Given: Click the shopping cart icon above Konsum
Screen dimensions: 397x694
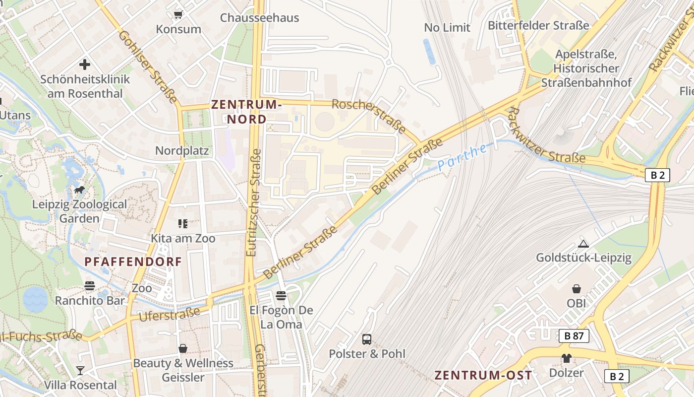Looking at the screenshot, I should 178,15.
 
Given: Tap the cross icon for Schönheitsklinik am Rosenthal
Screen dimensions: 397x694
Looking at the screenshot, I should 85,65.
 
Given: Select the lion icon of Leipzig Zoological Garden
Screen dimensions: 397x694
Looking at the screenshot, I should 79,190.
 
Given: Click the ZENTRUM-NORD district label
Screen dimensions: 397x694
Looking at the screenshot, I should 246,112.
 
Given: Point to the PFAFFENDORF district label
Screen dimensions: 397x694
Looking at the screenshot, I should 133,262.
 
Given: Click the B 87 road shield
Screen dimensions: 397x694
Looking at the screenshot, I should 574,336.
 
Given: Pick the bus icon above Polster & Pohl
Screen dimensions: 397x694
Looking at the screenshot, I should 367,339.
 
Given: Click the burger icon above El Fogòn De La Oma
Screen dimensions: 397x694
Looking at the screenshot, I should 281,296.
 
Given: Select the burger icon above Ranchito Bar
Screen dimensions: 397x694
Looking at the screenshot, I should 90,286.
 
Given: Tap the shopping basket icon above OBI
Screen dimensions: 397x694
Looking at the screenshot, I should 577,289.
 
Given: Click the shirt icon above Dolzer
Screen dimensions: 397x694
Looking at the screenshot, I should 567,358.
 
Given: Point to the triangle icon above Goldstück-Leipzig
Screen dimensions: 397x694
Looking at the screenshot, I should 583,244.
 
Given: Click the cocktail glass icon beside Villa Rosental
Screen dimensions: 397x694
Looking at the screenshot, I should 80,370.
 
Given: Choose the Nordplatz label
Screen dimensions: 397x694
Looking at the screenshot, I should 182,150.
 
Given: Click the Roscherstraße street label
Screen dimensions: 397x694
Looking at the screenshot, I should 369,116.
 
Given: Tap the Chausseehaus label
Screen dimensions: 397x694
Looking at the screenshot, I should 259,18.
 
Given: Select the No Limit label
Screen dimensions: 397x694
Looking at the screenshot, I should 447,28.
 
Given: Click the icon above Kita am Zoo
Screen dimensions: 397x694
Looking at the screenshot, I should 183,224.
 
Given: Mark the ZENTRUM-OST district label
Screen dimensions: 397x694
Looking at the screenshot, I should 483,375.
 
